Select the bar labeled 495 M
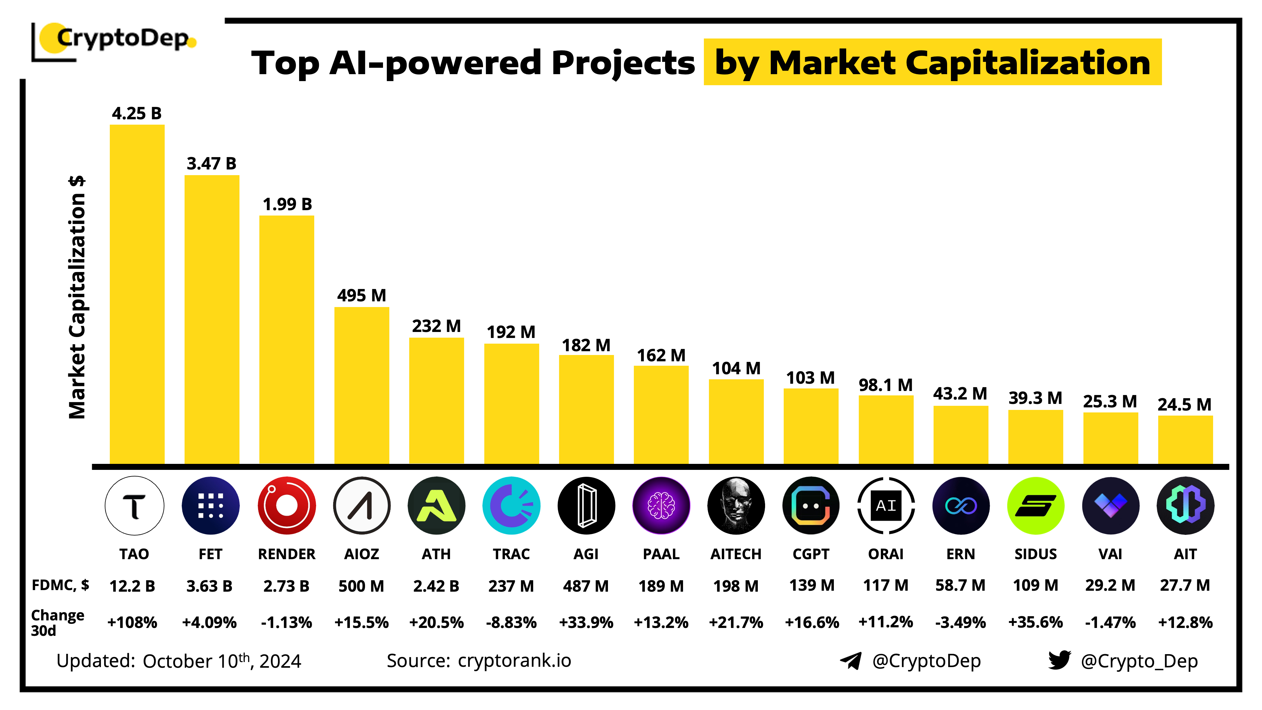pyautogui.click(x=362, y=385)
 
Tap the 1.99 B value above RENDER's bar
pyautogui.click(x=287, y=204)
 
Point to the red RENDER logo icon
pyautogui.click(x=286, y=505)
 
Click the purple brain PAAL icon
pyautogui.click(x=661, y=505)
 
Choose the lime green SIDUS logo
pyautogui.click(x=1035, y=505)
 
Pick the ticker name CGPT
pyautogui.click(x=811, y=554)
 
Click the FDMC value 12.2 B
pyautogui.click(x=132, y=586)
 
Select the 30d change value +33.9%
pyautogui.click(x=586, y=622)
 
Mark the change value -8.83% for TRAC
pyautogui.click(x=511, y=622)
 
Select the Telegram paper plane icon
pyautogui.click(x=851, y=660)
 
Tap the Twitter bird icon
pyautogui.click(x=1059, y=660)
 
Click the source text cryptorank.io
pyautogui.click(x=514, y=660)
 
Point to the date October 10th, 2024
pyautogui.click(x=221, y=661)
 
